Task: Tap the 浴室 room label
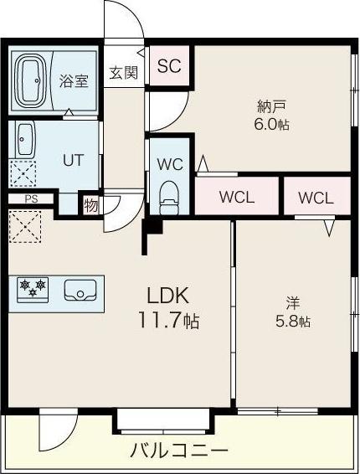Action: point(74,81)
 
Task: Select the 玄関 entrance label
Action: point(123,73)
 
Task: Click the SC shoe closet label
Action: point(169,67)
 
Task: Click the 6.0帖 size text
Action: point(271,124)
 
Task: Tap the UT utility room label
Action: point(73,160)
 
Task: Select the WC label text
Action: point(170,164)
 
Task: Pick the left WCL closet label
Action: point(237,198)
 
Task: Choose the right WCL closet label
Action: point(316,198)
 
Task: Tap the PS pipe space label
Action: point(31,198)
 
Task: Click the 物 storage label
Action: point(90,204)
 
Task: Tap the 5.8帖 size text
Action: point(292,322)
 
